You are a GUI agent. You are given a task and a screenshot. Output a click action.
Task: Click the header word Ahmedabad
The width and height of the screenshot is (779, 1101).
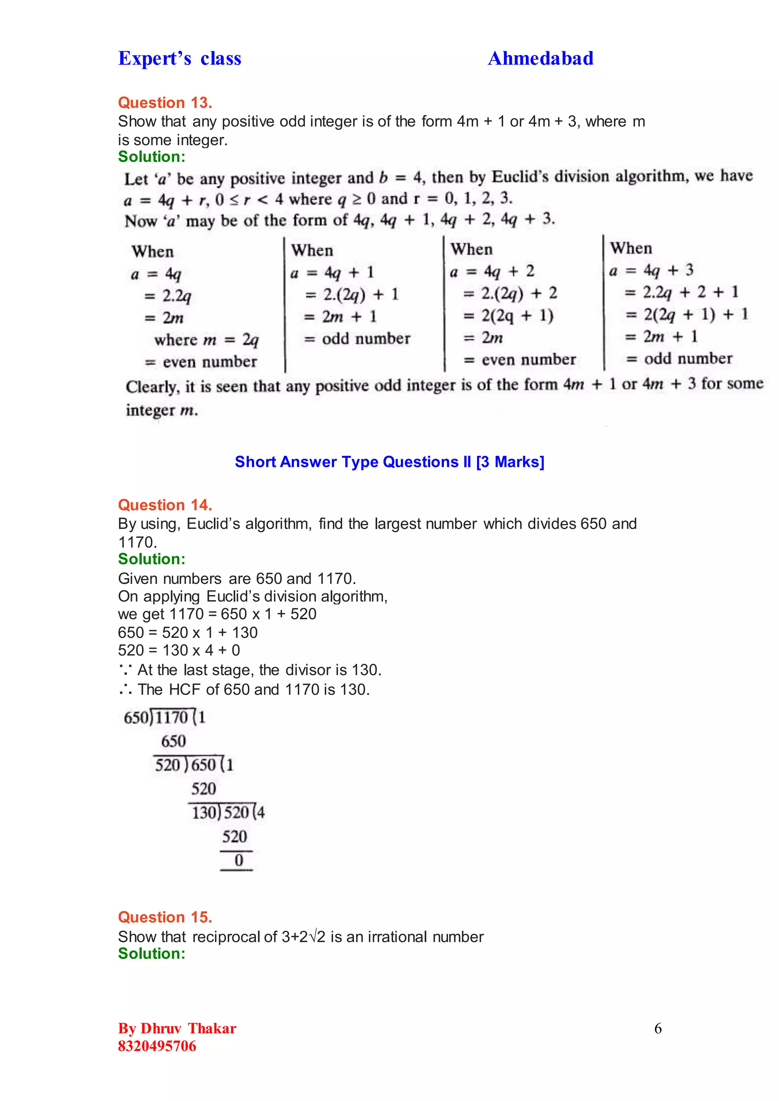click(x=540, y=59)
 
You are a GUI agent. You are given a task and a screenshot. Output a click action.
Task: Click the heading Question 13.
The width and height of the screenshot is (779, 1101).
click(x=165, y=103)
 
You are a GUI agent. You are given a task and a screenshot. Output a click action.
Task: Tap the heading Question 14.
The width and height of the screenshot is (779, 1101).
click(x=165, y=505)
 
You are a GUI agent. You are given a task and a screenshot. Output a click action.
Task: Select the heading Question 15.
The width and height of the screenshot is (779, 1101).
click(x=165, y=917)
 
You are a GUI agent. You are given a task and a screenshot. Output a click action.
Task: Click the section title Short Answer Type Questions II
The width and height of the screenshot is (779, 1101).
click(x=389, y=462)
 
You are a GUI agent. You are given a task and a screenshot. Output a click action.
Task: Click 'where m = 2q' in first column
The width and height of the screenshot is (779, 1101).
click(x=206, y=340)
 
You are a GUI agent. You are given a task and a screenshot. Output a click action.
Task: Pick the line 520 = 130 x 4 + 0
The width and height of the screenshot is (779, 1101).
click(x=179, y=650)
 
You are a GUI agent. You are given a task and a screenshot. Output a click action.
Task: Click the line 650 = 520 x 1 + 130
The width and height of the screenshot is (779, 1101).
click(x=188, y=633)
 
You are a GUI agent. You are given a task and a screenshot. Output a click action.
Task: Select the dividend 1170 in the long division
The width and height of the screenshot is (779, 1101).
click(x=172, y=718)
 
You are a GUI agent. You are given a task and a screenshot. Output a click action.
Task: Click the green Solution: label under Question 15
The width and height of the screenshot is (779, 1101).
click(x=152, y=953)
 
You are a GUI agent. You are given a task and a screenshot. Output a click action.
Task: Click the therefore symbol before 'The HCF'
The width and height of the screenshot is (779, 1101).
click(x=126, y=690)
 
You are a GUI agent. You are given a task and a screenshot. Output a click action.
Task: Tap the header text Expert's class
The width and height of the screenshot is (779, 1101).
click(x=180, y=59)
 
